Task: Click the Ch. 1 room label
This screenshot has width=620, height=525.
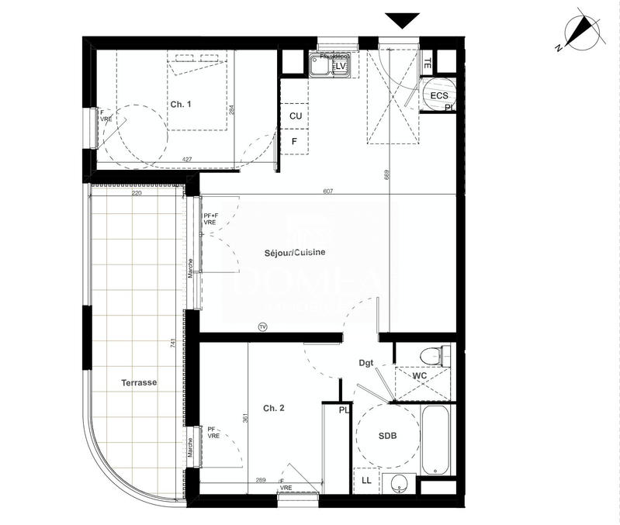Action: coord(180,105)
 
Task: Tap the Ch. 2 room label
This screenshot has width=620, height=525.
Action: coord(273,408)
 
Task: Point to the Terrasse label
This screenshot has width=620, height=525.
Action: coord(139,383)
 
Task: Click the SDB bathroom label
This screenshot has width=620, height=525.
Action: coord(388,437)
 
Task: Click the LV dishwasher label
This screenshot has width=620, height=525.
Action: coord(340,67)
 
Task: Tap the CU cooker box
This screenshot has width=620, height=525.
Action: coord(295,116)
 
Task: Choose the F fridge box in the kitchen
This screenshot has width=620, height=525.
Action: coord(295,141)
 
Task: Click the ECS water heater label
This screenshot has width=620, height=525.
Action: coord(439,95)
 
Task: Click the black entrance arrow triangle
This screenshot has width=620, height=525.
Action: coord(402,21)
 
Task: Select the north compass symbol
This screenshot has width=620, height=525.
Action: coord(576,33)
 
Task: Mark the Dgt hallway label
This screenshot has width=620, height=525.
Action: coord(366,362)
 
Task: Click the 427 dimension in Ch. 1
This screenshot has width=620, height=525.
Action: coord(186,160)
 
